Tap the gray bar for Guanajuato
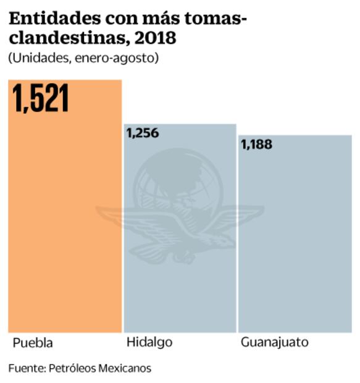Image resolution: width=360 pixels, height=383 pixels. (x=295, y=247)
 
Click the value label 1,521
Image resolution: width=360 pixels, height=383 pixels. (x=41, y=99)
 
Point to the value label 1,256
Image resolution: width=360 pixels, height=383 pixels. (x=143, y=133)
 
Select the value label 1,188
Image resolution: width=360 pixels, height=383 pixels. (x=256, y=145)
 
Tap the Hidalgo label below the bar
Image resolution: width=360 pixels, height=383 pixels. (x=149, y=342)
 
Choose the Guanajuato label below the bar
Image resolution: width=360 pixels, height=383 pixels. (x=274, y=343)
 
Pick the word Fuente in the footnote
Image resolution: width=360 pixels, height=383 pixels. (x=25, y=368)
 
